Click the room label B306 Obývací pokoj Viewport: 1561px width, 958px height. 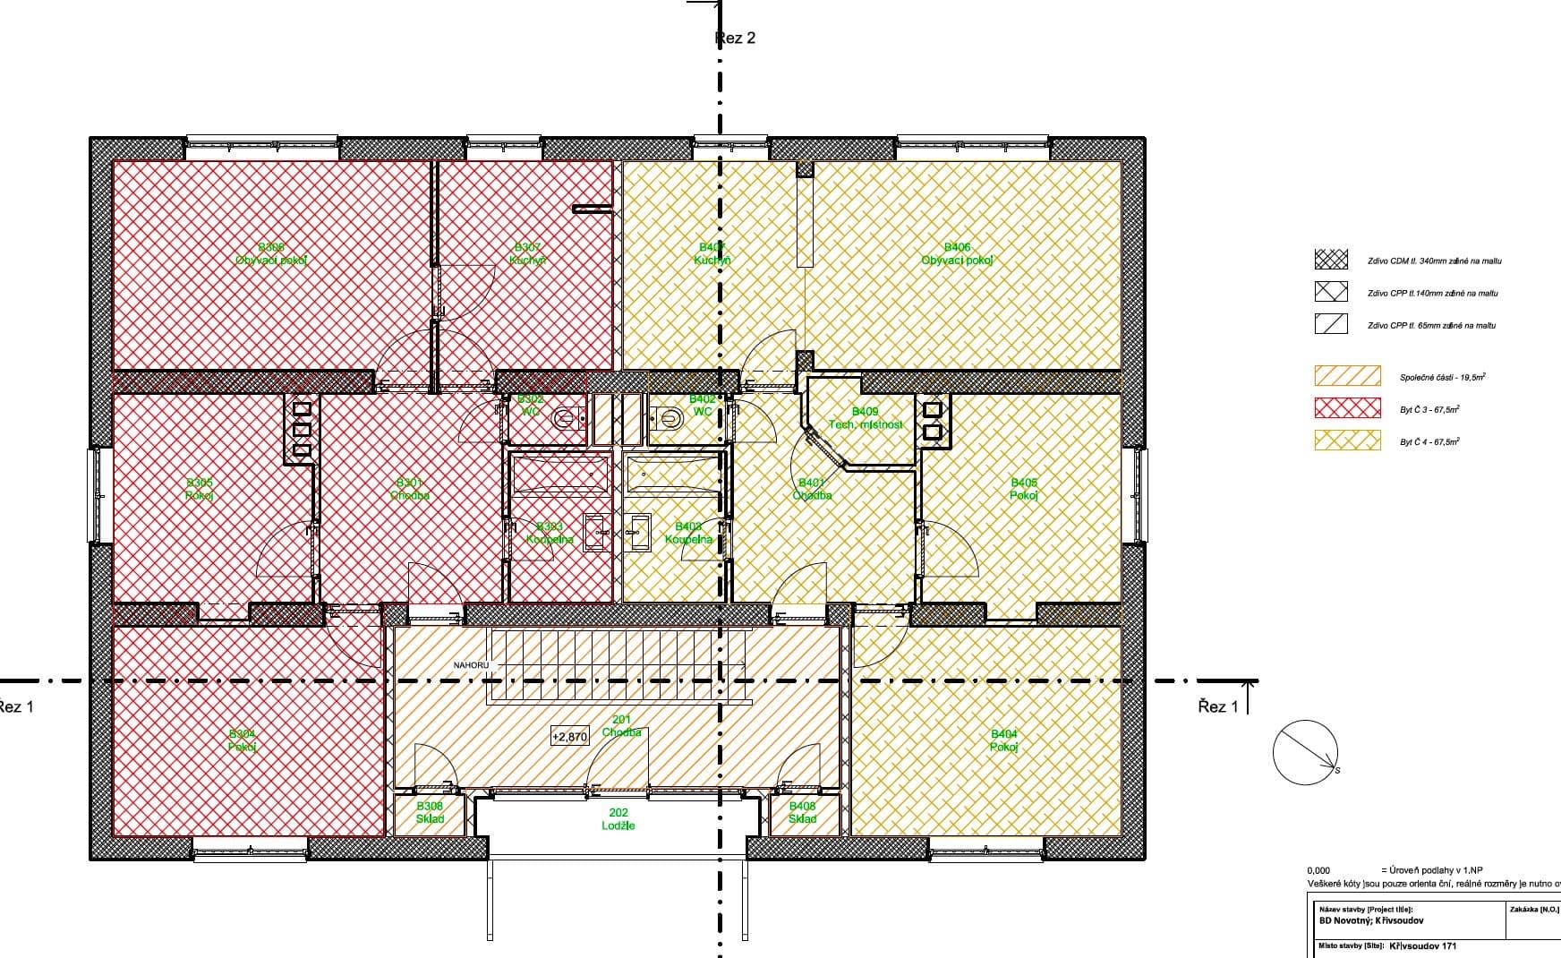pyautogui.click(x=271, y=254)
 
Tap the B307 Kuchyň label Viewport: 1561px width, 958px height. pyautogui.click(x=528, y=254)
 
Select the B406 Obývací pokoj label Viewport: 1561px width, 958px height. pyautogui.click(x=957, y=254)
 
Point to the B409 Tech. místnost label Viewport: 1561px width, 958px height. pyautogui.click(x=865, y=418)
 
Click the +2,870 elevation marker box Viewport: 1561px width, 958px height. pyautogui.click(x=570, y=737)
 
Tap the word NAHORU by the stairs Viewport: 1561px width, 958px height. pyautogui.click(x=471, y=665)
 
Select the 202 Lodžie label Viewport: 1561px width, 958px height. pyautogui.click(x=618, y=819)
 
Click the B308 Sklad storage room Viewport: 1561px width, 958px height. pyautogui.click(x=430, y=812)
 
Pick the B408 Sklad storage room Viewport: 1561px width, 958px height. pyautogui.click(x=802, y=812)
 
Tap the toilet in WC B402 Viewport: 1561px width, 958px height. pyautogui.click(x=667, y=418)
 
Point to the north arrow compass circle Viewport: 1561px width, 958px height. pyautogui.click(x=1306, y=752)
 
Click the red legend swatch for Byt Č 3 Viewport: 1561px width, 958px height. pyautogui.click(x=1347, y=408)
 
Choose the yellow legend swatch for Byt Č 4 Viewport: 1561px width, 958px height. pyautogui.click(x=1347, y=441)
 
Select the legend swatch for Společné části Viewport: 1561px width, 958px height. pyautogui.click(x=1347, y=376)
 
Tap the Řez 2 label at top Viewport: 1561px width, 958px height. pyautogui.click(x=736, y=38)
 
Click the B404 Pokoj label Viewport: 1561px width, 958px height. pyautogui.click(x=1004, y=740)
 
